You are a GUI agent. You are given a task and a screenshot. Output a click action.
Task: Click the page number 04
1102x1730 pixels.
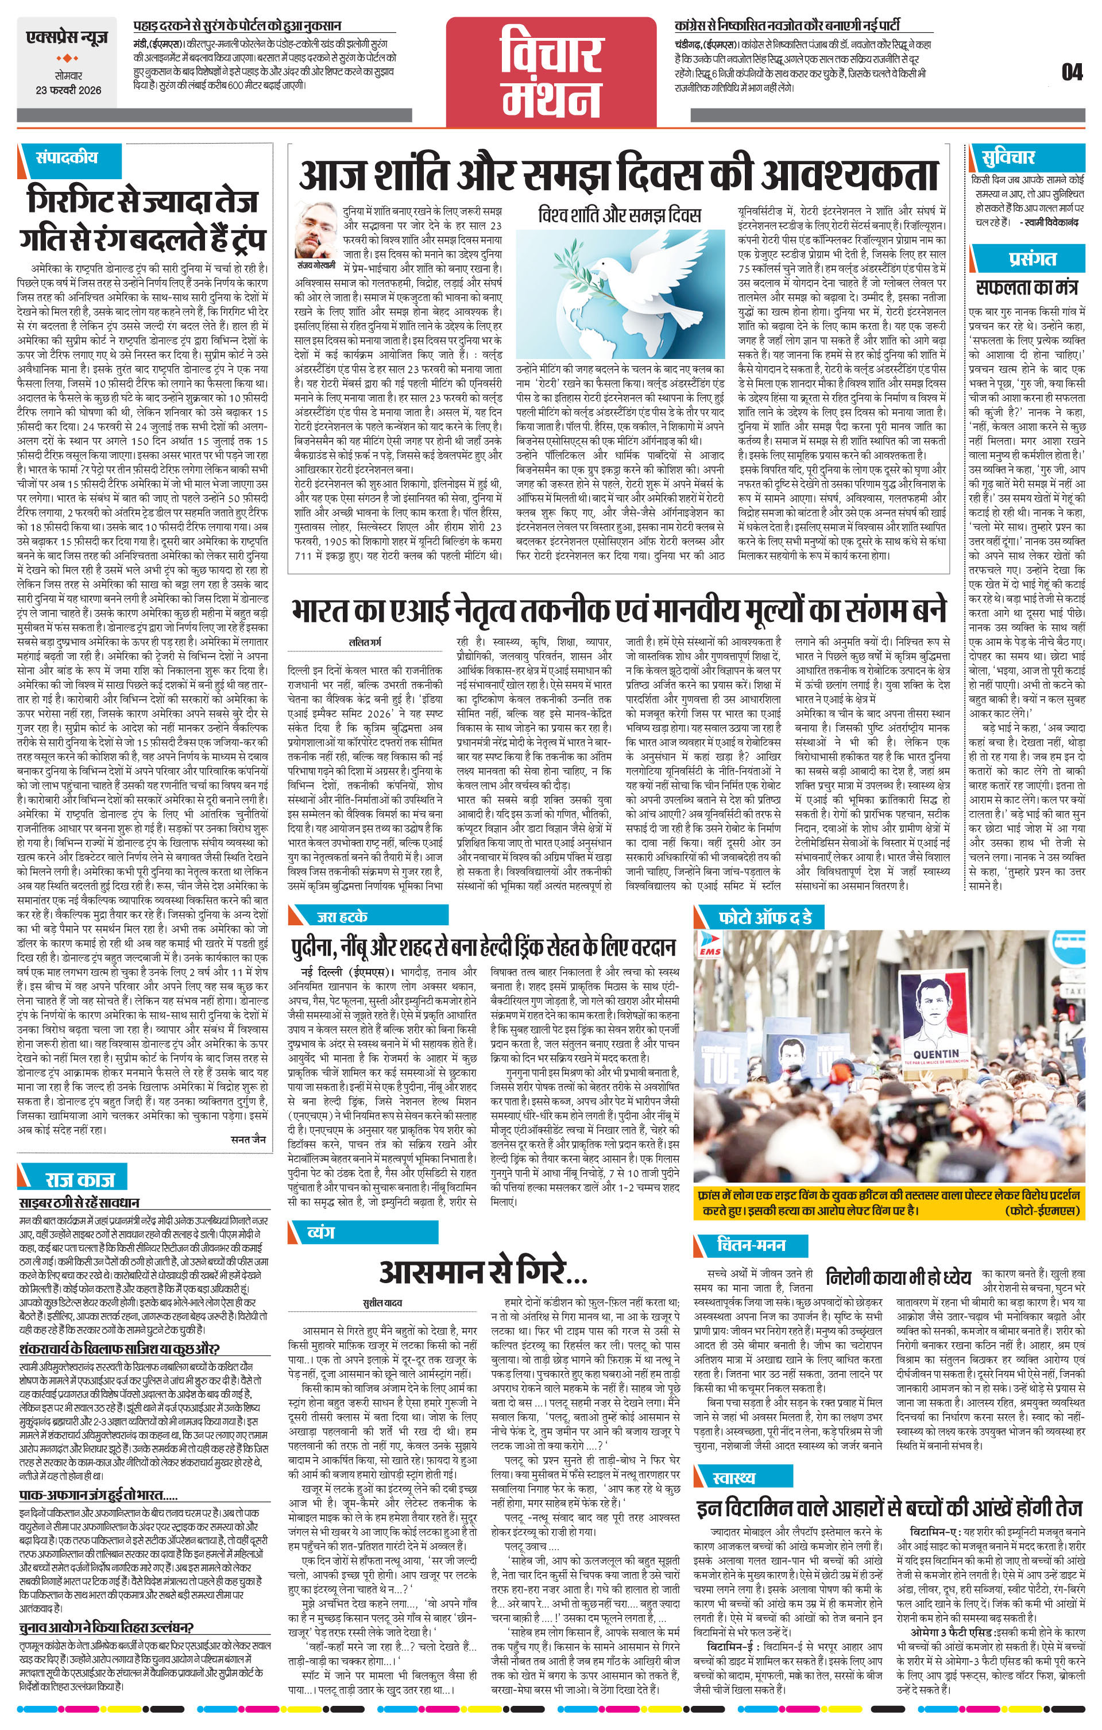[x=1071, y=72]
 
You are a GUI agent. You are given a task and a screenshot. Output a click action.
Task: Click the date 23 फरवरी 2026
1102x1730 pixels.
[x=69, y=91]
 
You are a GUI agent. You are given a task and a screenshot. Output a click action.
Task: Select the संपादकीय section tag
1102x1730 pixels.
[x=66, y=157]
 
